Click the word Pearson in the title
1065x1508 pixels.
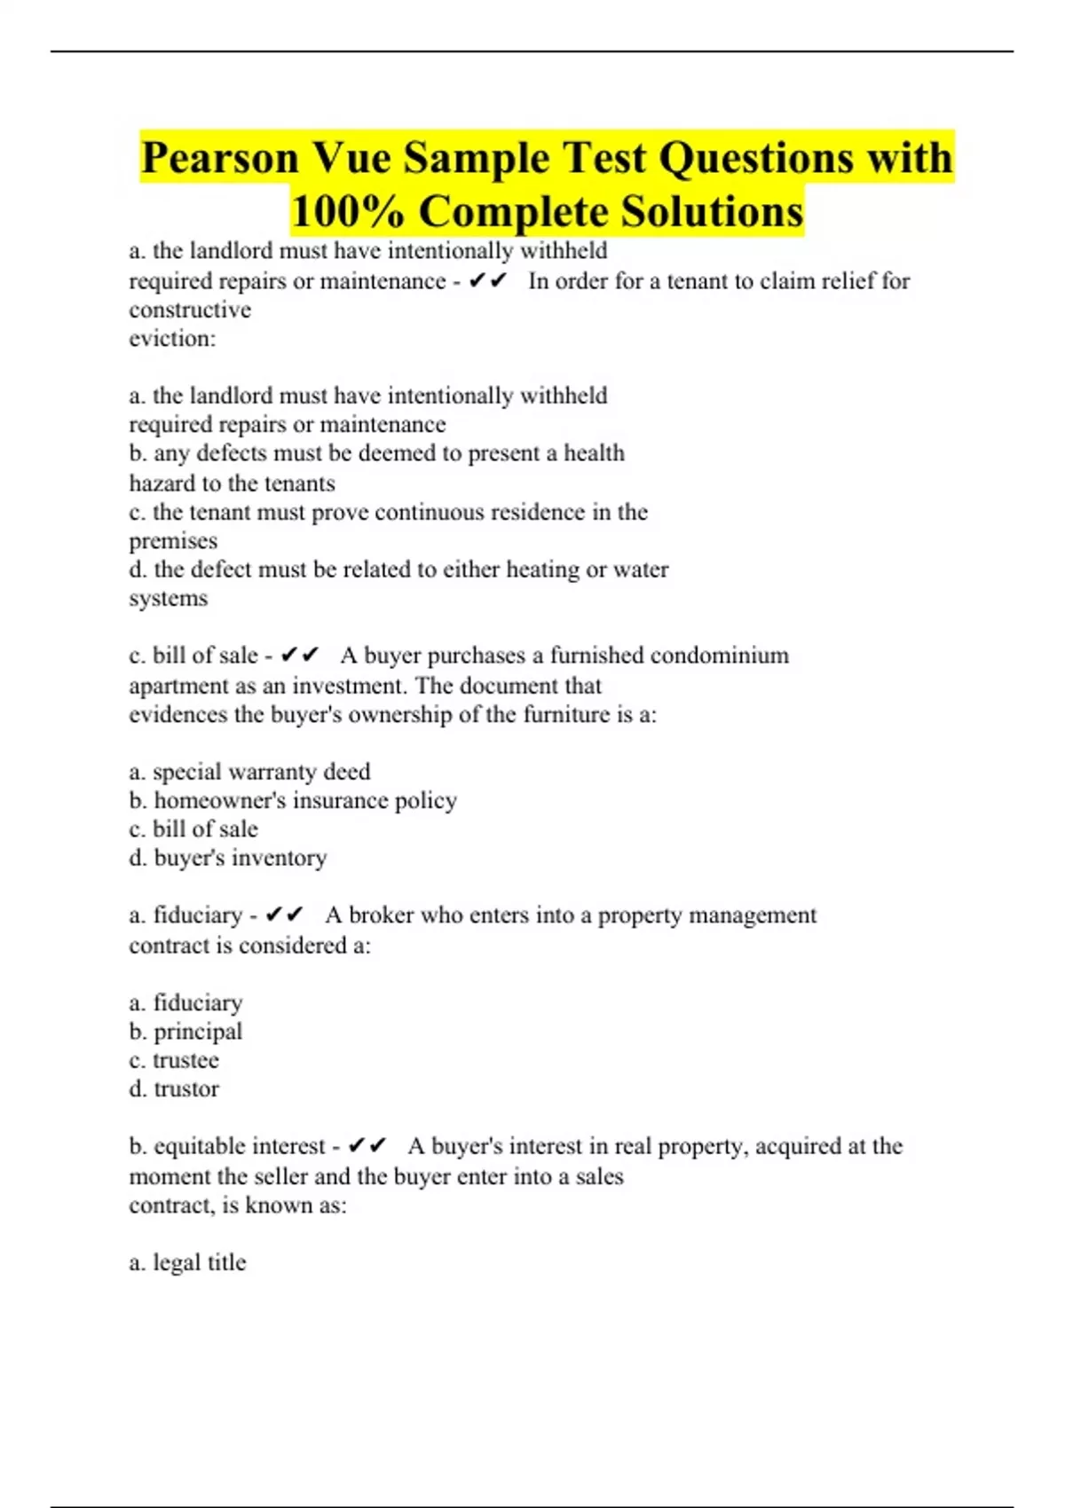point(220,159)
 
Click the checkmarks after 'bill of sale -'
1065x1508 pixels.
point(299,656)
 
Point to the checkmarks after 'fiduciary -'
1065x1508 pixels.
point(285,915)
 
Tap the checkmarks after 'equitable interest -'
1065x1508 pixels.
point(367,1146)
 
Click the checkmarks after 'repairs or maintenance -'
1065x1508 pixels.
point(488,281)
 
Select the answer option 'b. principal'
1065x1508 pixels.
point(185,1032)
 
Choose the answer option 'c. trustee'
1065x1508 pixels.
point(174,1060)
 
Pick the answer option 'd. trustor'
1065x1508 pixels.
point(174,1089)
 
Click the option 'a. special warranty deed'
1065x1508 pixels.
point(249,772)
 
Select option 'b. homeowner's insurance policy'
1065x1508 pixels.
point(293,801)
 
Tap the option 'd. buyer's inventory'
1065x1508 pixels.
point(228,858)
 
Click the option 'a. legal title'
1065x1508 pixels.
point(187,1262)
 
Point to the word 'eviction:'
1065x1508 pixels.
point(172,339)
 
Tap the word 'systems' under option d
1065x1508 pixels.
point(169,599)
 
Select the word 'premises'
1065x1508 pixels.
point(173,541)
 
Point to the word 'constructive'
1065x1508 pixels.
point(190,310)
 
